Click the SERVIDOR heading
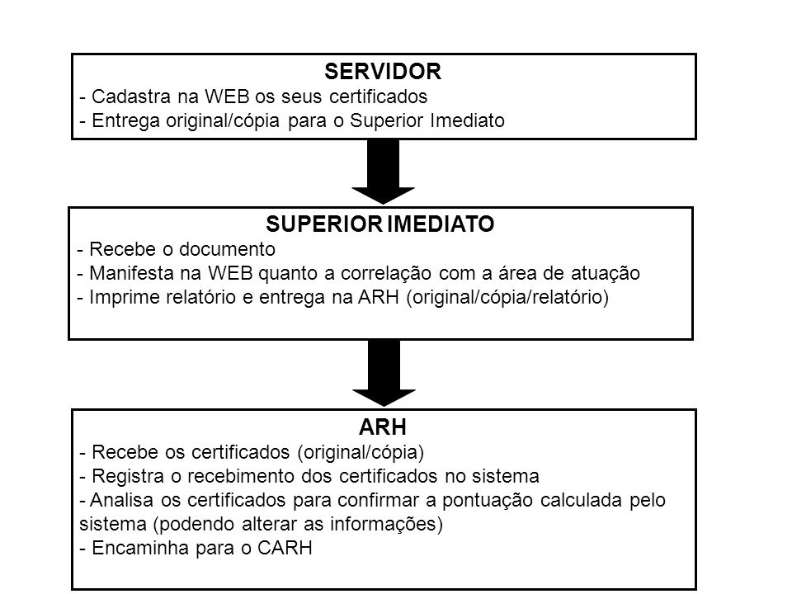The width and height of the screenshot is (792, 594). tap(382, 72)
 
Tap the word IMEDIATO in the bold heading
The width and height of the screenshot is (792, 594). tap(441, 224)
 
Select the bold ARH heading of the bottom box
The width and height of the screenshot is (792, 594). tap(382, 427)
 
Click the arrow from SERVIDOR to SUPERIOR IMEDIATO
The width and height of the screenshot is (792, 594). tap(383, 172)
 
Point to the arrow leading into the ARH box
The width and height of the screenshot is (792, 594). tap(384, 373)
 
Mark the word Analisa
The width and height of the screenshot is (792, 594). tap(122, 500)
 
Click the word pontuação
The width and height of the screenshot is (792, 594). tap(488, 501)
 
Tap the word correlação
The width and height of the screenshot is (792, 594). tap(386, 273)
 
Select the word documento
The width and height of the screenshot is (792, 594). tap(228, 249)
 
